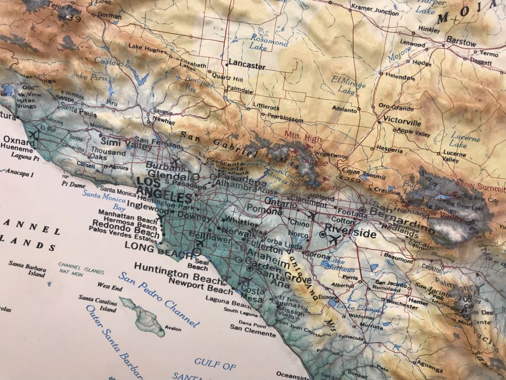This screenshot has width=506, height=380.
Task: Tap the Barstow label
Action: [461, 43]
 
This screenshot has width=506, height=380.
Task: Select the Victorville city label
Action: [402, 122]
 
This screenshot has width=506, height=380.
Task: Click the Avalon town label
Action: [173, 329]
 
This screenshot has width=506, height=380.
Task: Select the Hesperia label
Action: [388, 150]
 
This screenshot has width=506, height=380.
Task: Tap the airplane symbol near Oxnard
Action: [32, 134]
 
